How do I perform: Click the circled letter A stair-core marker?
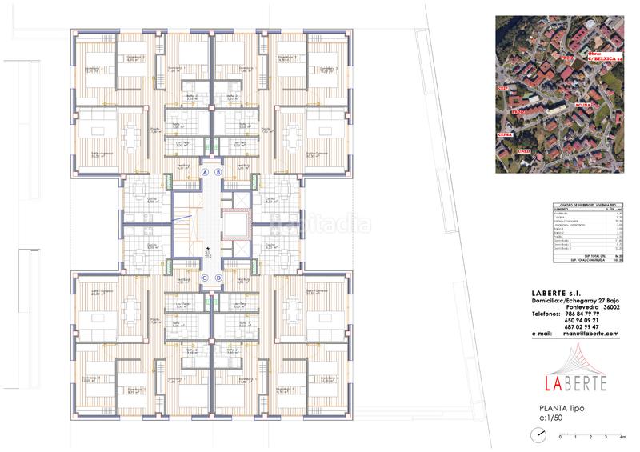coord(205,172)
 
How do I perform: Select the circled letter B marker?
coord(218,172)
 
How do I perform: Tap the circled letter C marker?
coord(205,278)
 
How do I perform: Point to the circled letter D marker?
coord(218,278)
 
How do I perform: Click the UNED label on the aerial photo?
coord(524,150)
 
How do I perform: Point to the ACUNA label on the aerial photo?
coord(583,105)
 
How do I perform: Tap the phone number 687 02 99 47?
coord(581,327)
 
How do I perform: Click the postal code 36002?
coord(612,307)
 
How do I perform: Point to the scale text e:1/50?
coord(554,418)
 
